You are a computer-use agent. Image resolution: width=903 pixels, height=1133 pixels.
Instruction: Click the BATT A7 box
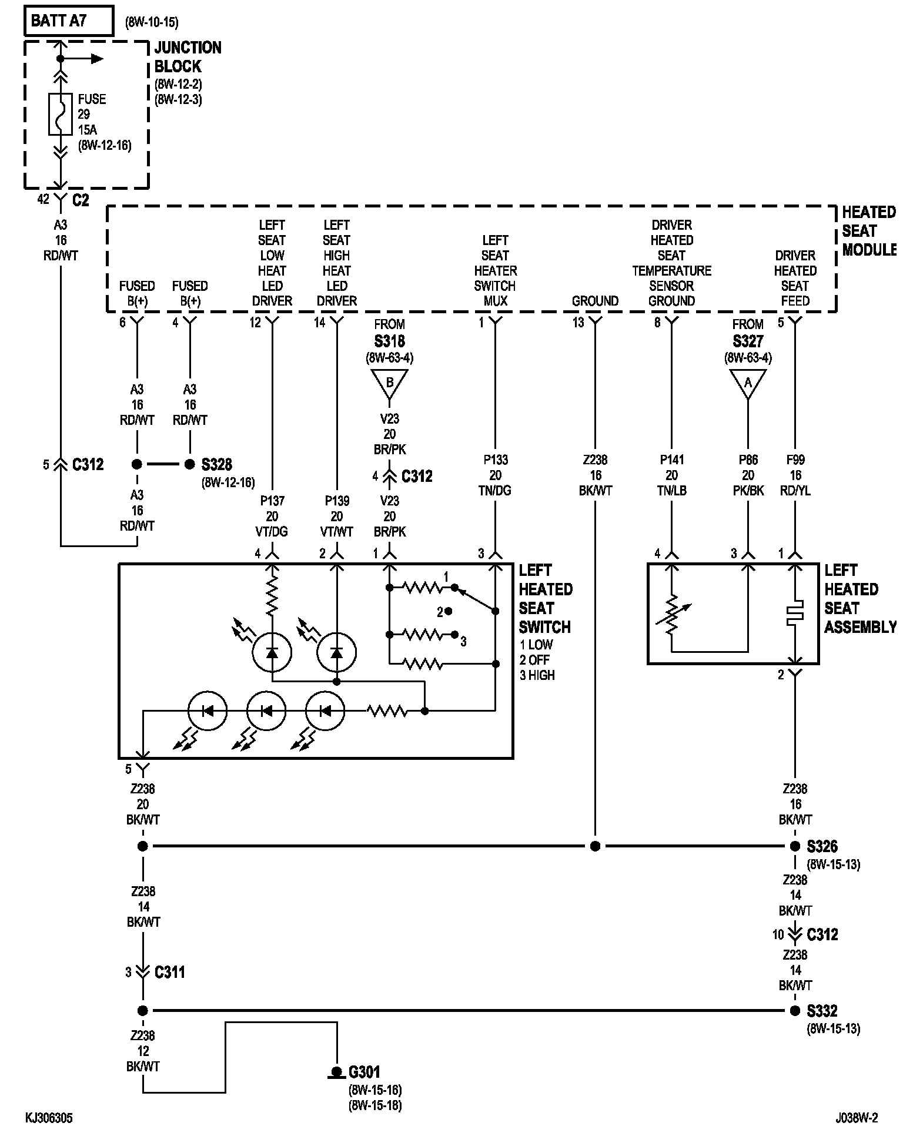69,21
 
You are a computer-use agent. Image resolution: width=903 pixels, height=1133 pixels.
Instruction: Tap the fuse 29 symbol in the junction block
60,114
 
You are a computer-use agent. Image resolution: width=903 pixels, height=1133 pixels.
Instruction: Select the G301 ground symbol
336,1073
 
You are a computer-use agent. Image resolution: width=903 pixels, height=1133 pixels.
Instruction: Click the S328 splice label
217,465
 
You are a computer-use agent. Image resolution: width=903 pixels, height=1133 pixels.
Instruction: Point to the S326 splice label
822,846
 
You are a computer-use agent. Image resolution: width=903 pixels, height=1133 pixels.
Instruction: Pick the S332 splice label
822,1011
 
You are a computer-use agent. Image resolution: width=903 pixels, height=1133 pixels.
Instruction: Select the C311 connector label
170,972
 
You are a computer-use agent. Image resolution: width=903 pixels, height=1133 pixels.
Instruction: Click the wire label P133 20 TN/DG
495,475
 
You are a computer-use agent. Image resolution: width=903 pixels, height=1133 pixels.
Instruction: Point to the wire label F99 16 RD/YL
795,475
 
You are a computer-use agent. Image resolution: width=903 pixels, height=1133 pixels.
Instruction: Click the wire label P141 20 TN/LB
671,475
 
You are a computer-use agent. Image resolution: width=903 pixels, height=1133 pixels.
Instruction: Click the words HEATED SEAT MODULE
869,231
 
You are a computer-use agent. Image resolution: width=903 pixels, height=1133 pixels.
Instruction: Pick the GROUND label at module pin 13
595,301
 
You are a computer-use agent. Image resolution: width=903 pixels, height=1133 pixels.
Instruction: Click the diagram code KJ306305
49,1117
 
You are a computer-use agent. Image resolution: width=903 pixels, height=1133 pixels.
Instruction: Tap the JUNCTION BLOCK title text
188,57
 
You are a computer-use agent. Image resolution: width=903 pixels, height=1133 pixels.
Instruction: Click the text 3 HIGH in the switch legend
537,675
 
